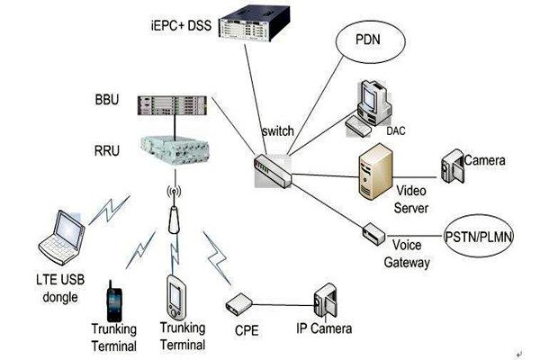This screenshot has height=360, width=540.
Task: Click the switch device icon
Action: [271, 167]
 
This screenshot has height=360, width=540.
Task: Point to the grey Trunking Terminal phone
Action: [177, 296]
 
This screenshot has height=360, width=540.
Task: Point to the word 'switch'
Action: [274, 132]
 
